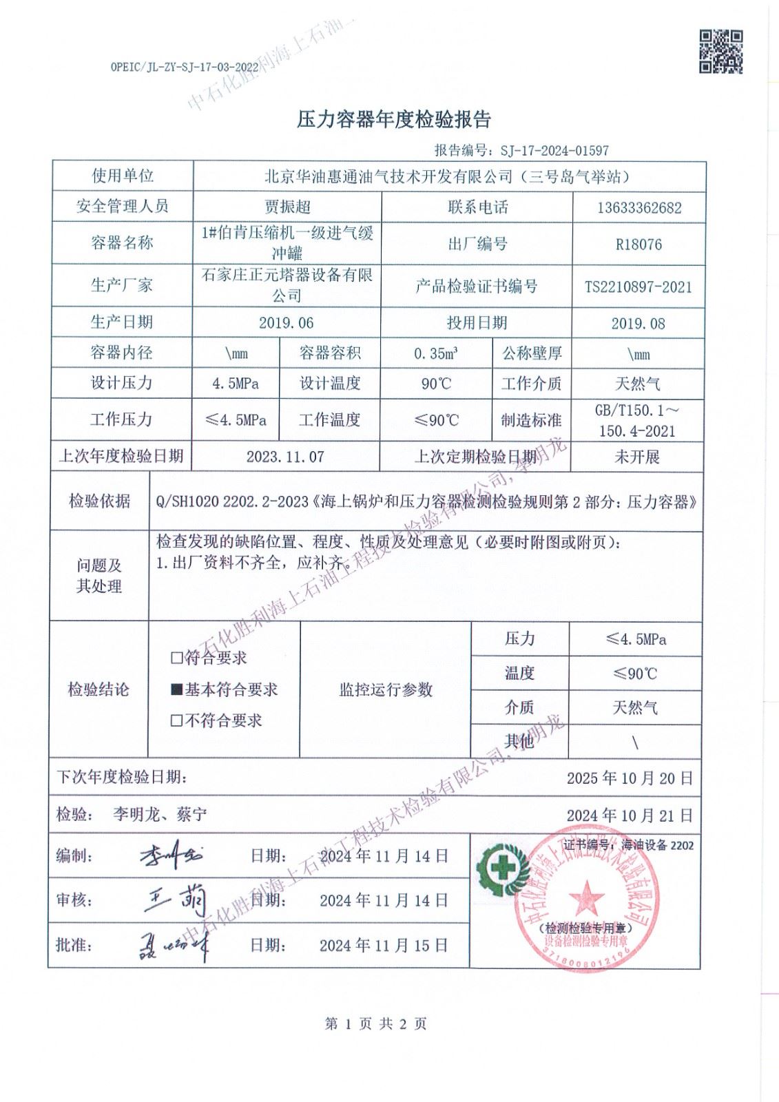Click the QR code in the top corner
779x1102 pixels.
tap(721, 51)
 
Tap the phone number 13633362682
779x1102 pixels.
tap(639, 208)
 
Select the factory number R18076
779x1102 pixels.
tap(639, 245)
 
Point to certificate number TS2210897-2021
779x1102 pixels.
tap(638, 287)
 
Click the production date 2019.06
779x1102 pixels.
tap(287, 323)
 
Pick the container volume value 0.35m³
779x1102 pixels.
tap(436, 354)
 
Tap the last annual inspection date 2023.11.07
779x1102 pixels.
tap(285, 457)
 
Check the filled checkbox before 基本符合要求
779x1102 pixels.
tap(177, 689)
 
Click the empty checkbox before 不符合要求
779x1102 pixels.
tap(177, 721)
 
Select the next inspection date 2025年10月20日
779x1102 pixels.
tap(630, 778)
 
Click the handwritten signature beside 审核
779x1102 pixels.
tap(174, 899)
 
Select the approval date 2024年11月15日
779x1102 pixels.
tap(384, 946)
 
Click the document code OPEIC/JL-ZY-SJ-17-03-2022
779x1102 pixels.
tap(184, 67)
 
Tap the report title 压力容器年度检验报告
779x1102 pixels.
tap(393, 120)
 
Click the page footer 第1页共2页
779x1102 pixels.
tap(375, 1024)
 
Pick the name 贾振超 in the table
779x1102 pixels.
tap(287, 207)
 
